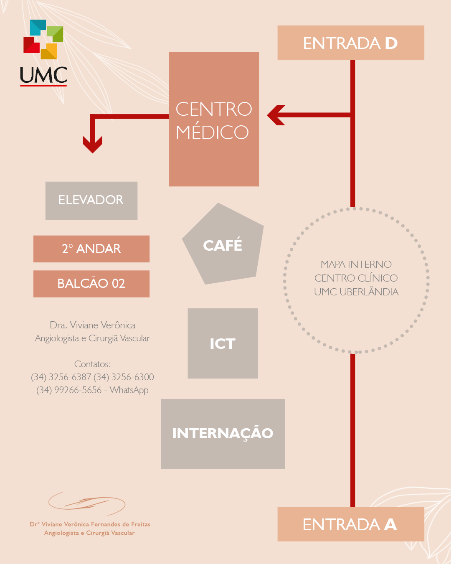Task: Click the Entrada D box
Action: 351,43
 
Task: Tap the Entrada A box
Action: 351,524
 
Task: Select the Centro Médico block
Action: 214,119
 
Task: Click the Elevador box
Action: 91,201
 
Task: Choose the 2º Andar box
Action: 91,249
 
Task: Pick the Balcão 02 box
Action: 91,284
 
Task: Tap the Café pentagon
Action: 223,245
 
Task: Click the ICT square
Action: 223,343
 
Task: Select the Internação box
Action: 223,434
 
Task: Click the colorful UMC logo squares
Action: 43,39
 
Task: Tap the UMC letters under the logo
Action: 43,75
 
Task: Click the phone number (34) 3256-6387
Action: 61,377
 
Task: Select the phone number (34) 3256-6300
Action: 124,377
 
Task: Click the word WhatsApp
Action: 129,390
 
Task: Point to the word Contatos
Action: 92,364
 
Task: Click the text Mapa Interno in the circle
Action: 356,264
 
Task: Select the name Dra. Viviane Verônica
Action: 92,325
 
